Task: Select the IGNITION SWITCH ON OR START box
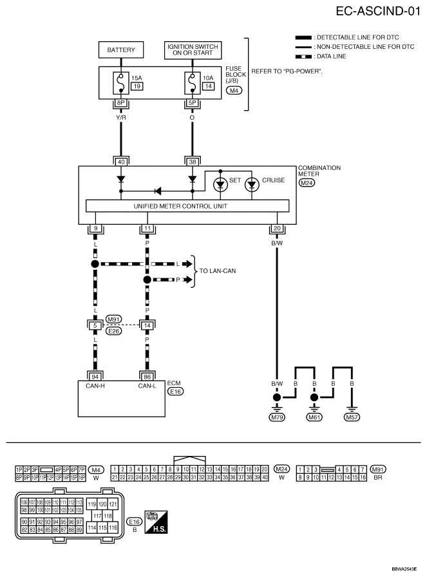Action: [x=193, y=50]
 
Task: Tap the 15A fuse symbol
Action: [x=121, y=82]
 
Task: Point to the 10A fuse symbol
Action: [x=192, y=82]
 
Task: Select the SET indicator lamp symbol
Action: [x=221, y=184]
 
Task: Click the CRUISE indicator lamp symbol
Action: [x=252, y=184]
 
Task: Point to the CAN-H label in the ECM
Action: [x=95, y=386]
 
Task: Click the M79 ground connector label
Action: [x=278, y=417]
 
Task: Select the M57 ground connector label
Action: [x=352, y=417]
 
